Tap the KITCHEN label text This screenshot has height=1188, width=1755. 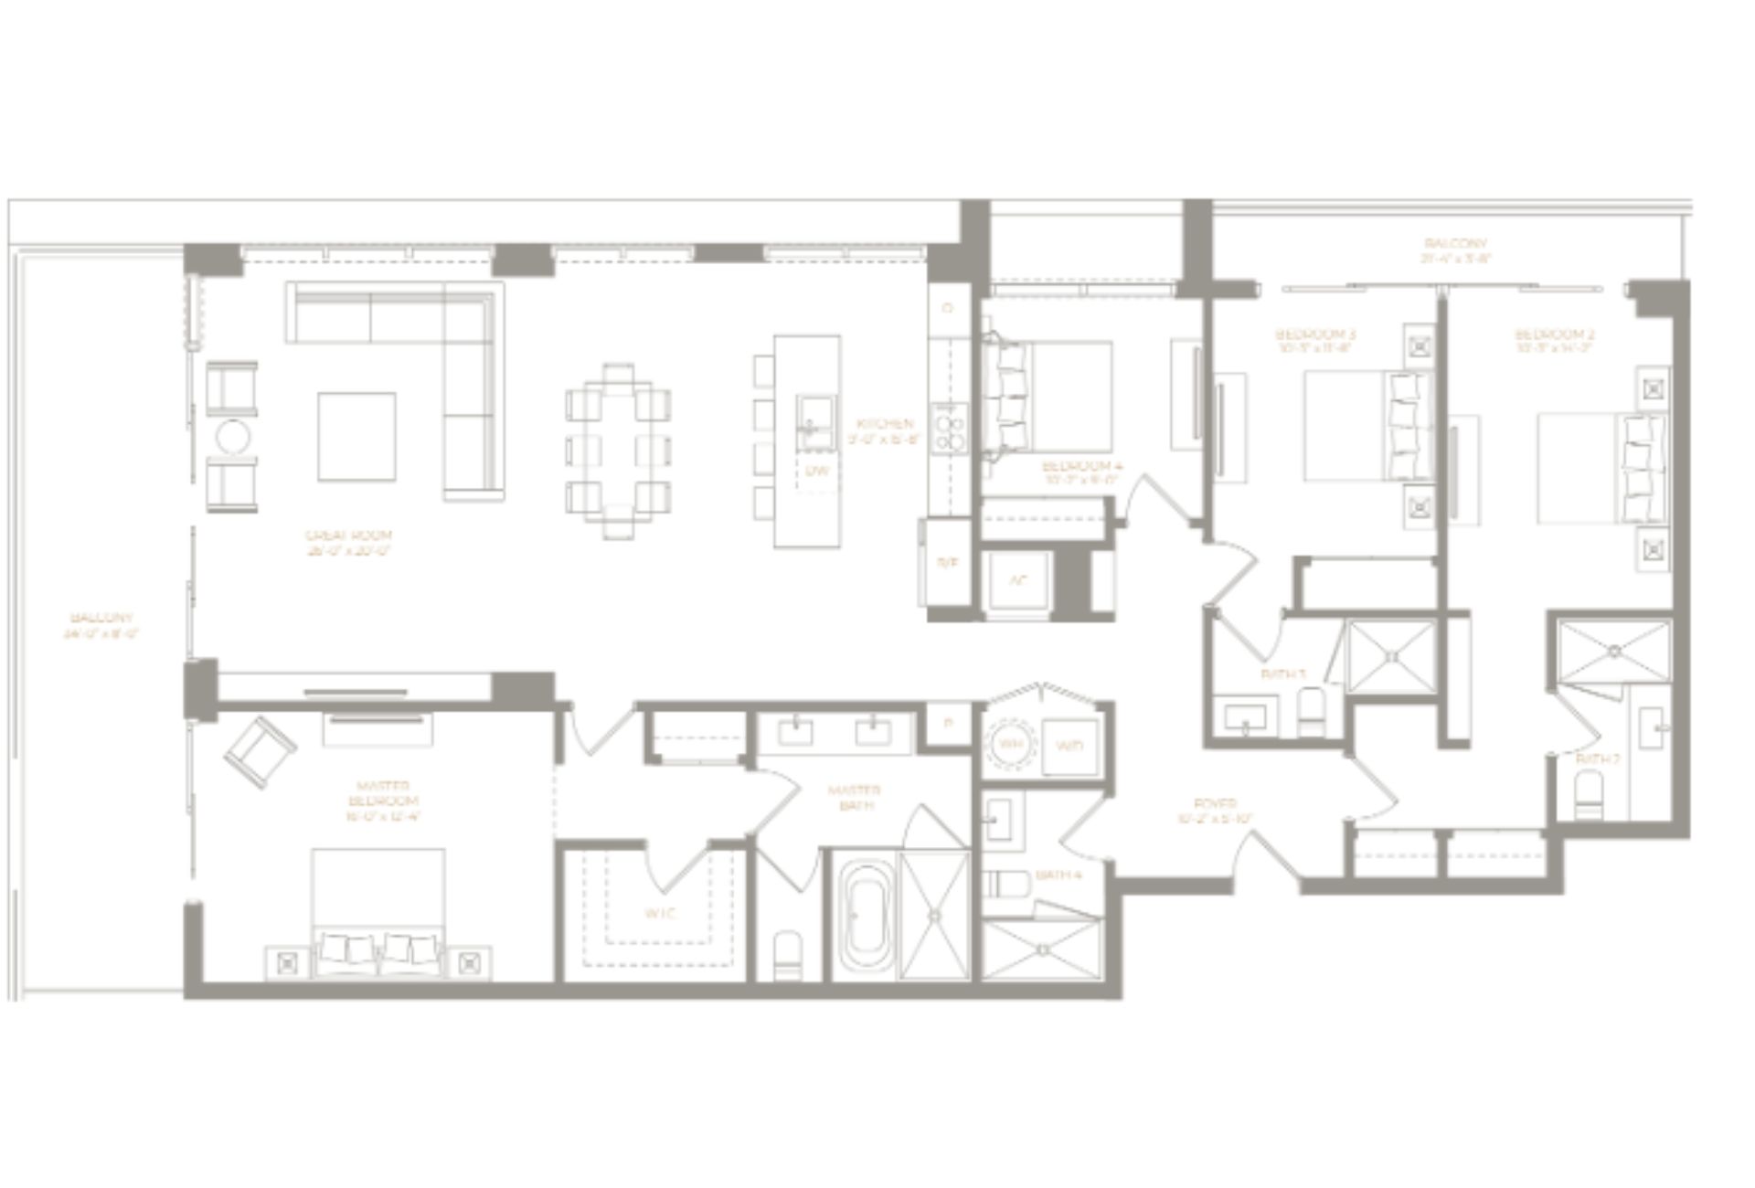[x=885, y=430]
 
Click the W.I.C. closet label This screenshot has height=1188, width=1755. [x=660, y=913]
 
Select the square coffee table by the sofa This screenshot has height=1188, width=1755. [x=356, y=436]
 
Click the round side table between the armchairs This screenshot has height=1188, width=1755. [x=232, y=437]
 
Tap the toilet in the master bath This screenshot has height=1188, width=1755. [x=787, y=954]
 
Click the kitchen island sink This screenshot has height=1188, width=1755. [x=814, y=422]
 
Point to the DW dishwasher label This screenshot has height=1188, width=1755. [x=816, y=472]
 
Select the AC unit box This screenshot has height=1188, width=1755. [x=1017, y=582]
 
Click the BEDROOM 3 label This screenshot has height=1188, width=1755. [x=1314, y=340]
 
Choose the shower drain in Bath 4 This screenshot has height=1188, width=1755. [x=1043, y=950]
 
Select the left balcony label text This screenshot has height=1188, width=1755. [x=101, y=625]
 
